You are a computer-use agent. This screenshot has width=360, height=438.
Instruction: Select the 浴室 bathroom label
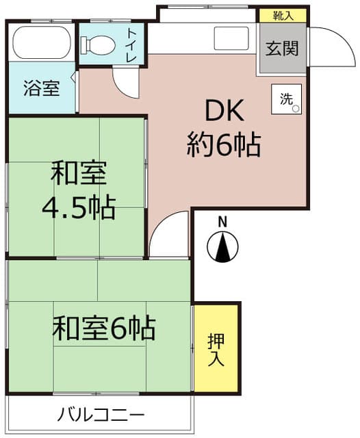tap(42, 88)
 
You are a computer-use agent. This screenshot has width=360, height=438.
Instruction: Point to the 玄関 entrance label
tap(282, 50)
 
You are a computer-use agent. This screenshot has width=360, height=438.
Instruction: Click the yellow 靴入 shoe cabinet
tap(282, 15)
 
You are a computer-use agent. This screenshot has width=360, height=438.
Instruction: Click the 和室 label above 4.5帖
tap(79, 174)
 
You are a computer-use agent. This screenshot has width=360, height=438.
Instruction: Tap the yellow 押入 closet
tap(216, 349)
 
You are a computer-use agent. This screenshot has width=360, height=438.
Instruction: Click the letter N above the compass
tap(222, 221)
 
